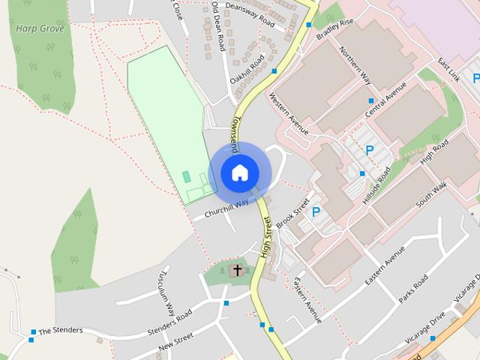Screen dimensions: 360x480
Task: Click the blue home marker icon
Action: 240,172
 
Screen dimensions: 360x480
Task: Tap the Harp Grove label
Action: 40,28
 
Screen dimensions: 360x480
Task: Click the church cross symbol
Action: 237,269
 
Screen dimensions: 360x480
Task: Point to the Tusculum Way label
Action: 166,292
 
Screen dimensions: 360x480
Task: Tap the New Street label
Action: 176,341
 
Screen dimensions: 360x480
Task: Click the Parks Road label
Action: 413,288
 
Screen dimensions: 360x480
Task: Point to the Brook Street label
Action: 292,214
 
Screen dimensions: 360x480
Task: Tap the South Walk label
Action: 431,194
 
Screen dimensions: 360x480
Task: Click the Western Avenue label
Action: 288,113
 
